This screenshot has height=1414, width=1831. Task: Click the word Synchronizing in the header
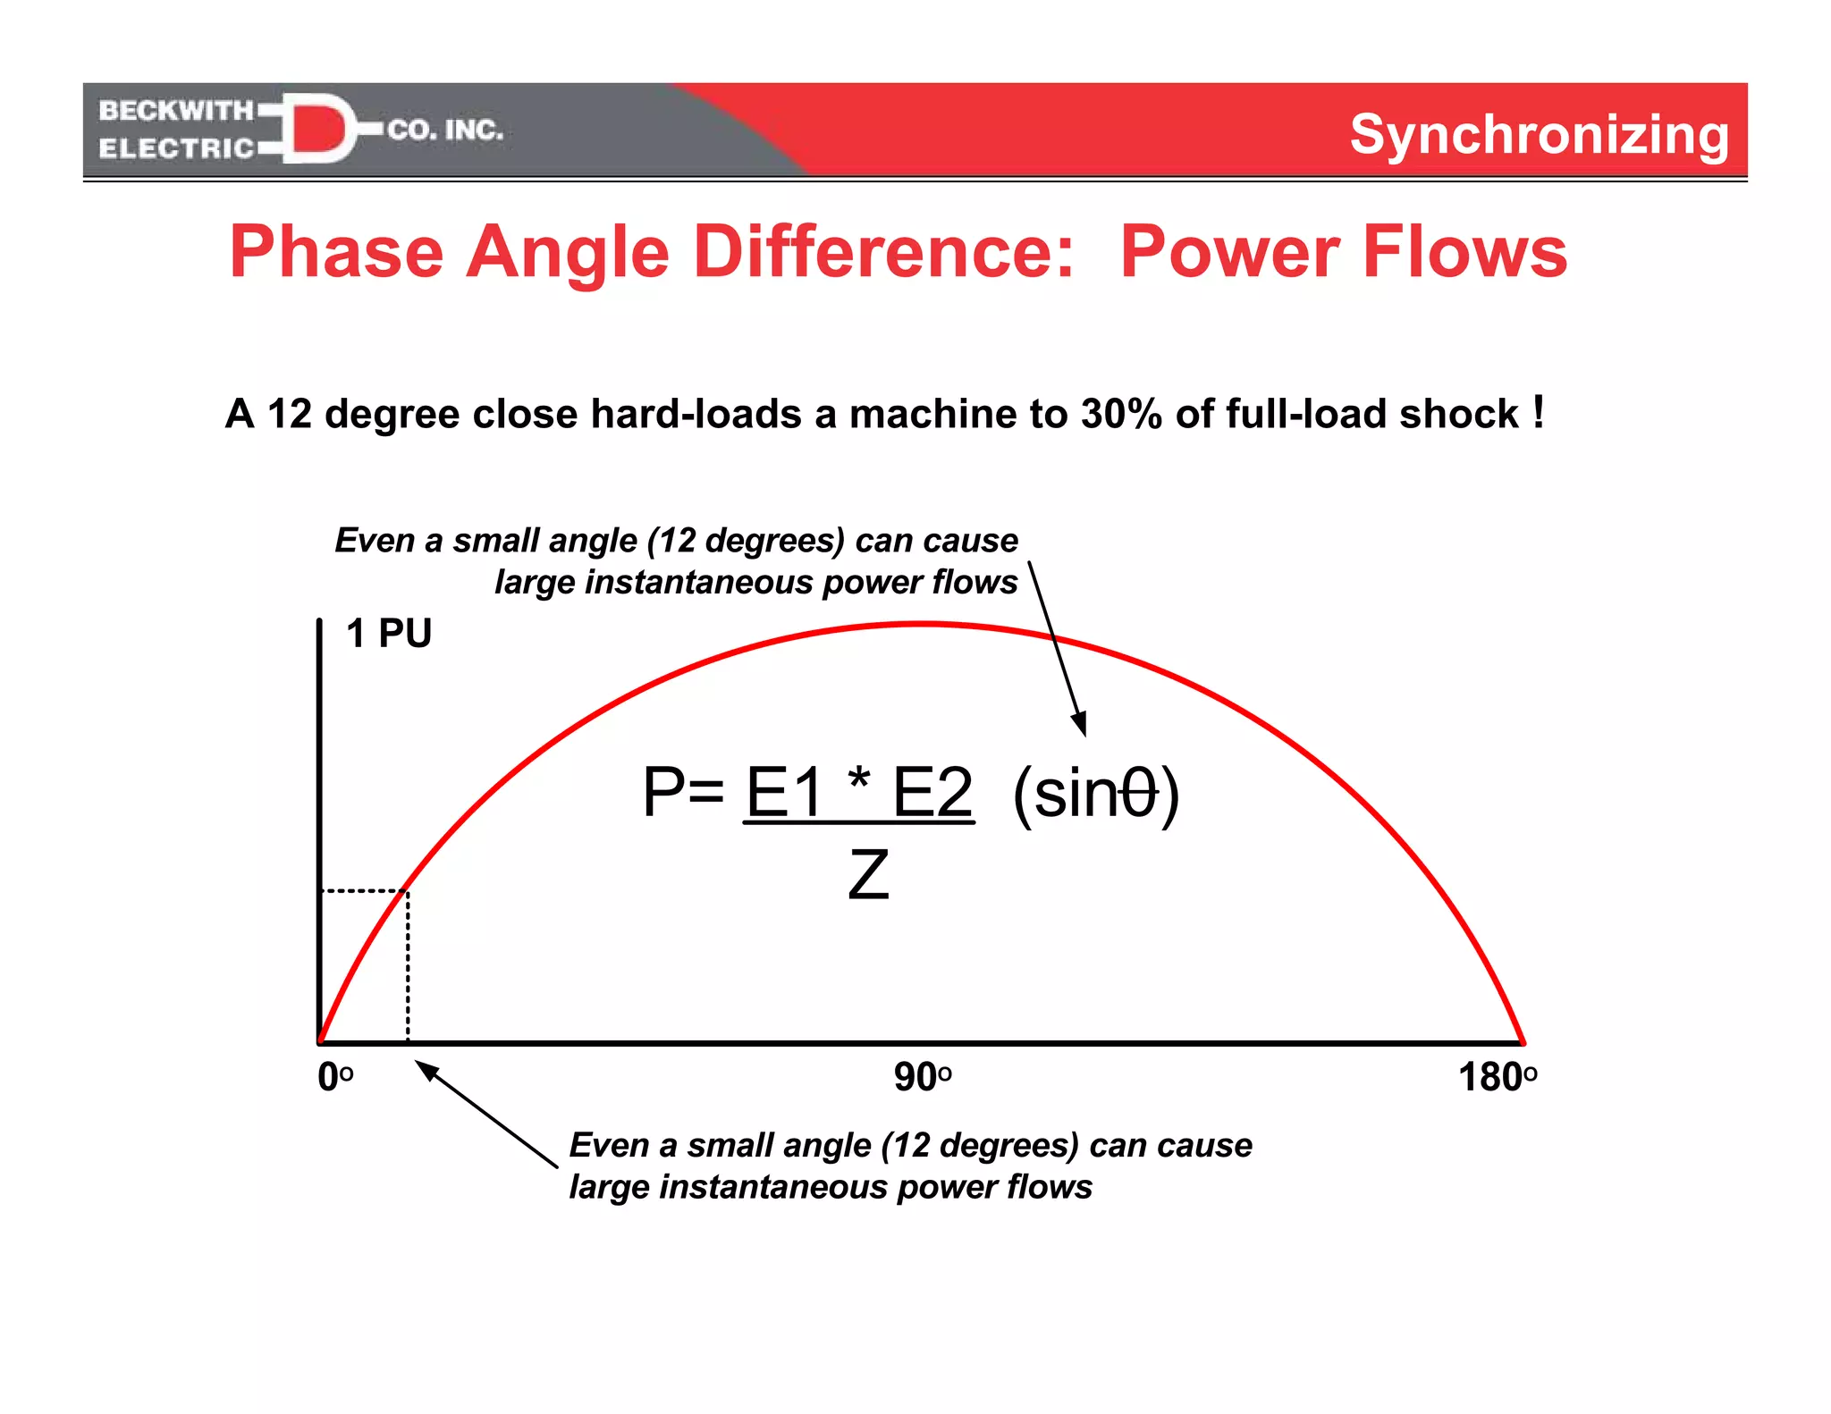click(x=1539, y=135)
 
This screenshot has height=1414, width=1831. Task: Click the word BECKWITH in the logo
click(x=176, y=110)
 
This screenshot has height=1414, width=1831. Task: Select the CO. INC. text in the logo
click(x=445, y=130)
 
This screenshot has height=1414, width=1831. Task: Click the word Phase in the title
click(x=336, y=252)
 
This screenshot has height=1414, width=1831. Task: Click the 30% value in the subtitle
click(x=1121, y=414)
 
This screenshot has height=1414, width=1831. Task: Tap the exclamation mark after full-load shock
click(x=1538, y=412)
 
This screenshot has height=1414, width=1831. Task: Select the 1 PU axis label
click(x=389, y=634)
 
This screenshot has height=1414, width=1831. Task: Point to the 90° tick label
click(x=923, y=1077)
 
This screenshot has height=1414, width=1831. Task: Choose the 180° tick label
click(x=1498, y=1077)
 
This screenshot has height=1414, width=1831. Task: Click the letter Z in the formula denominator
click(x=868, y=875)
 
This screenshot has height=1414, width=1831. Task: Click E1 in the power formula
click(x=784, y=792)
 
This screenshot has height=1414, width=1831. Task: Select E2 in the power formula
click(x=932, y=792)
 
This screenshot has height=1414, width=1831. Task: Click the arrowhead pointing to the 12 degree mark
click(x=426, y=1068)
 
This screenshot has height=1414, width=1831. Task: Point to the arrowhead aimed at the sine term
click(x=1081, y=724)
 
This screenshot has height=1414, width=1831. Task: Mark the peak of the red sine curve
click(x=923, y=623)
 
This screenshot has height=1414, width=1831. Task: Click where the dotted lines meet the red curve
click(x=408, y=890)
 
